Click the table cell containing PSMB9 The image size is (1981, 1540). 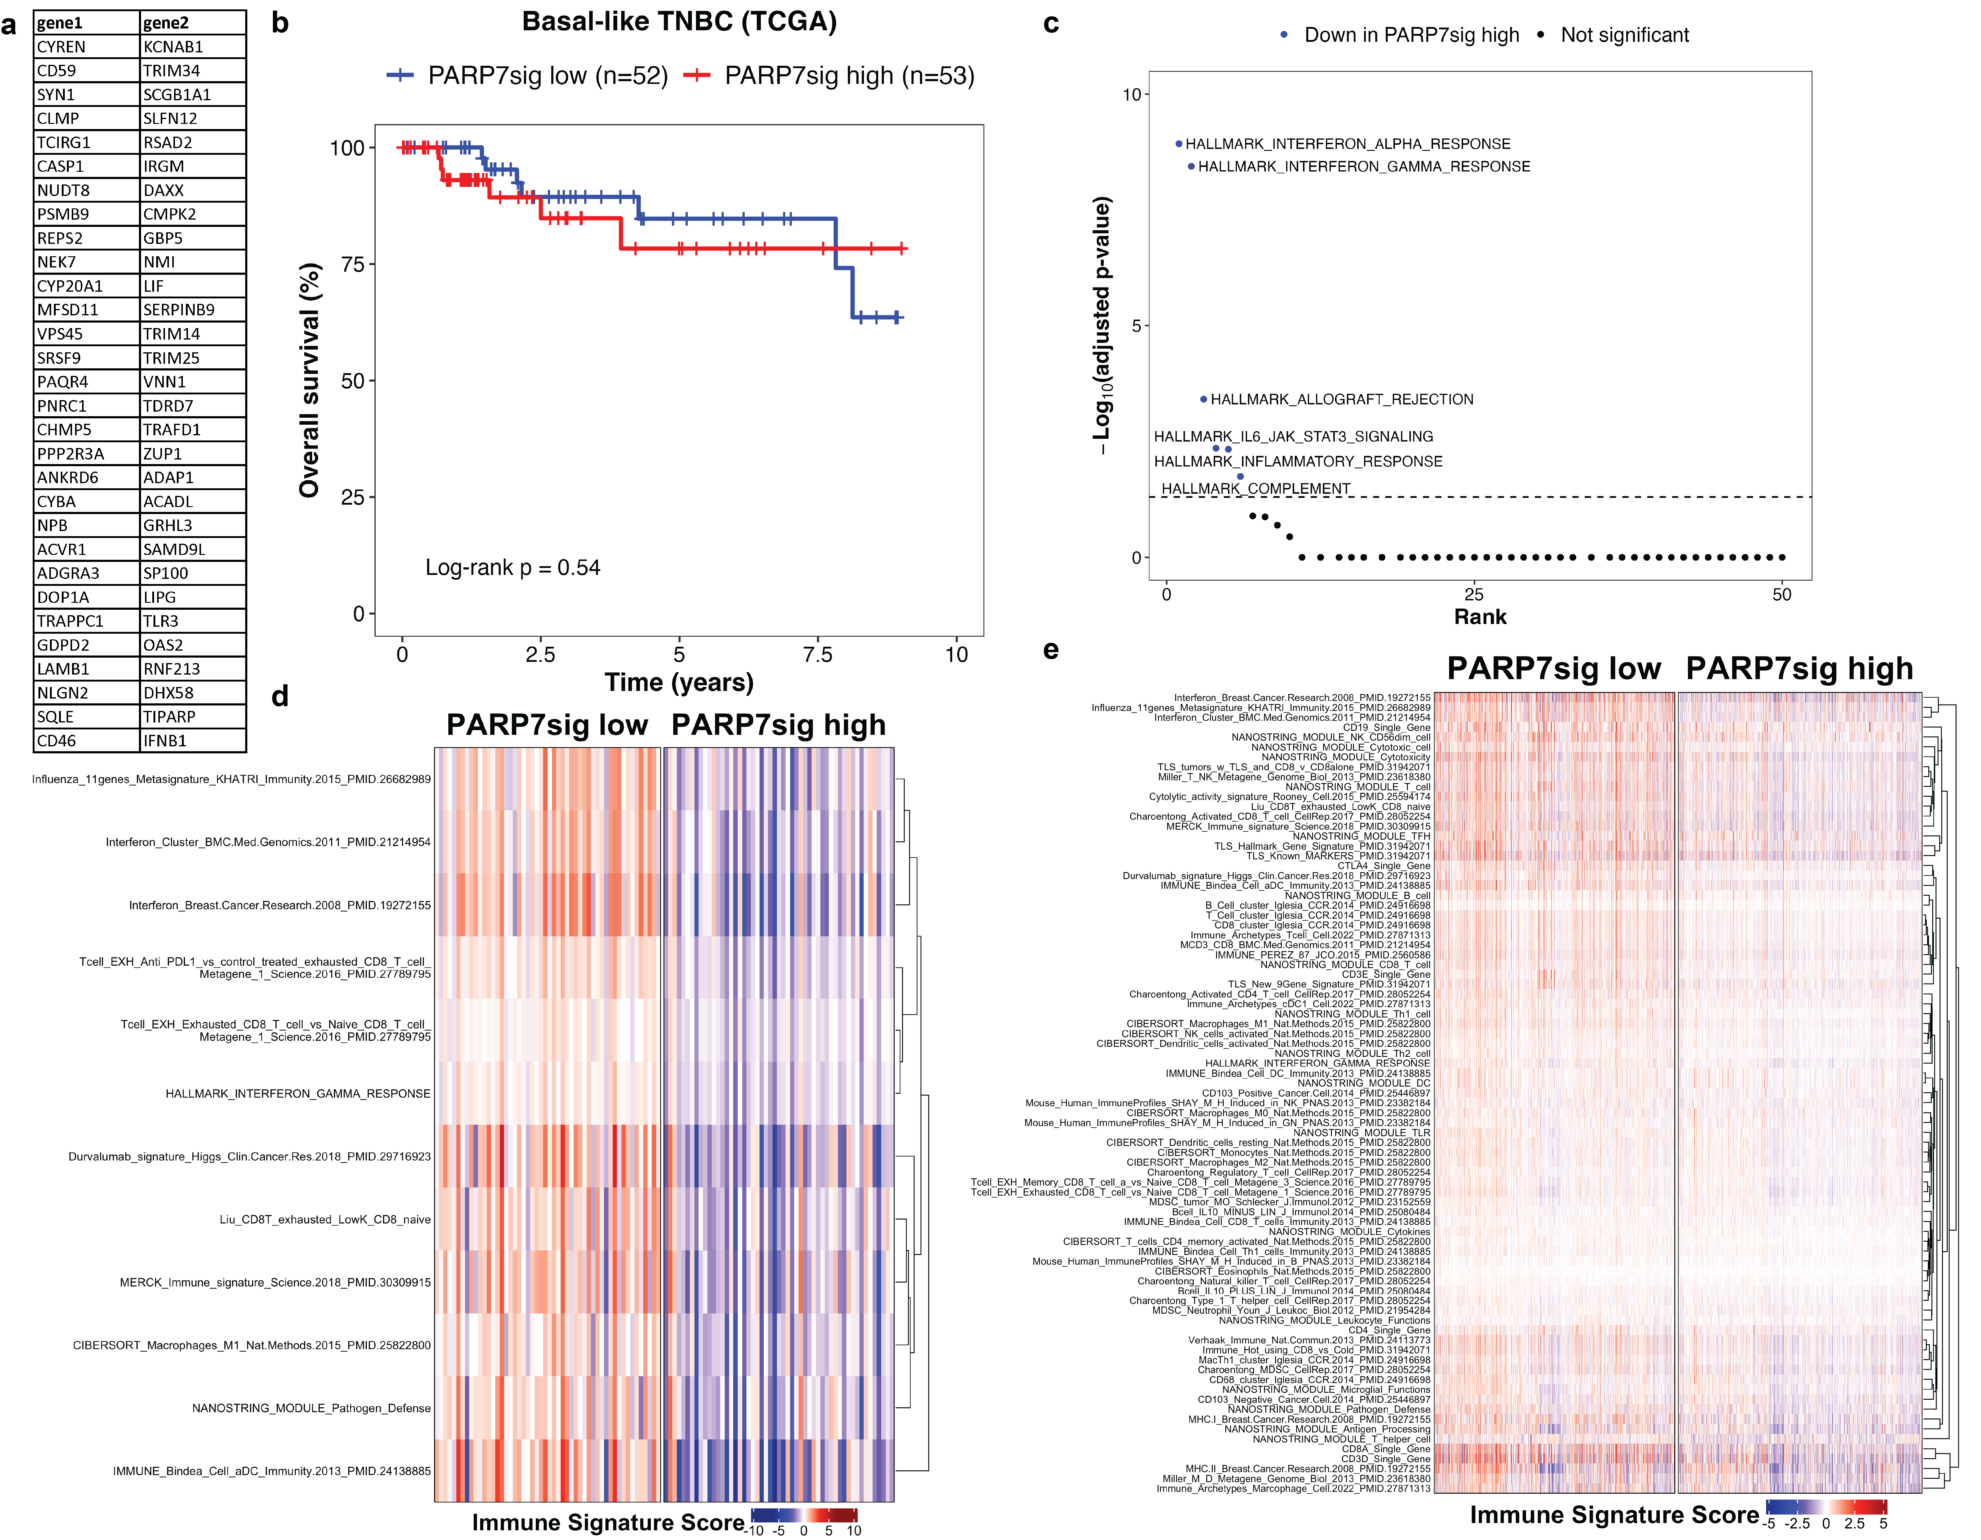coord(86,214)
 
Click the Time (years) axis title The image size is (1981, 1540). coord(678,682)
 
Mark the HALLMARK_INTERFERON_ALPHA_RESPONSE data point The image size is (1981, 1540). coord(1178,143)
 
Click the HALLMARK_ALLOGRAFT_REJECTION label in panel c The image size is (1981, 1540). coord(1342,399)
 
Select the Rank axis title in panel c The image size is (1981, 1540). coord(1479,617)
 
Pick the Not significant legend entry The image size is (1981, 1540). coord(1623,35)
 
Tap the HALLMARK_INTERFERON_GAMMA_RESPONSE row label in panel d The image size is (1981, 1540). coord(298,1094)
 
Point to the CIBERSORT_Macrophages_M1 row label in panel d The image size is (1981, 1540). coord(251,1345)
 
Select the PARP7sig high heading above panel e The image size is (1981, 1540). coord(1799,669)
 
